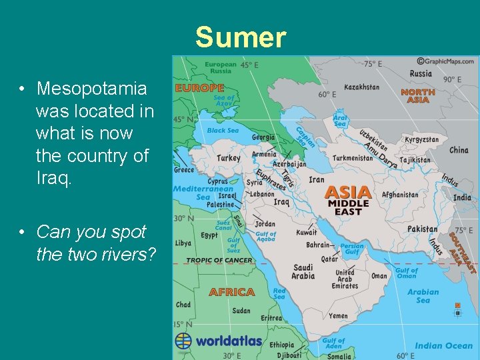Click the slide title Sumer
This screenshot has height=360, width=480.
(x=241, y=37)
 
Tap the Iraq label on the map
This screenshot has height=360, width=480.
(x=281, y=201)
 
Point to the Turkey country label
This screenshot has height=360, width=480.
(x=229, y=159)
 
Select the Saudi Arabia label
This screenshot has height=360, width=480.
(x=303, y=272)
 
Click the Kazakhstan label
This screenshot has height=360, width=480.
(x=362, y=87)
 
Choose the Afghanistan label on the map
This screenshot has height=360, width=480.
(x=400, y=195)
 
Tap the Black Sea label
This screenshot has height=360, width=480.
(x=223, y=131)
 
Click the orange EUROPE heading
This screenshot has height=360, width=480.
(x=199, y=88)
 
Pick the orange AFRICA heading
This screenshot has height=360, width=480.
(x=231, y=292)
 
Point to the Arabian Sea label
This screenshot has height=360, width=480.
(x=423, y=296)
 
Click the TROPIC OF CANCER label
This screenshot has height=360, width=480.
(x=219, y=260)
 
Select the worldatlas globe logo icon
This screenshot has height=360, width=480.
(x=183, y=341)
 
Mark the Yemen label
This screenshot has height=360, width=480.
(x=338, y=316)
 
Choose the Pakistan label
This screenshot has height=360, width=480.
(x=423, y=229)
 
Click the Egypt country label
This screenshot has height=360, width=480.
(x=209, y=235)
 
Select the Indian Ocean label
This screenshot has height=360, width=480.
(x=443, y=345)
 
